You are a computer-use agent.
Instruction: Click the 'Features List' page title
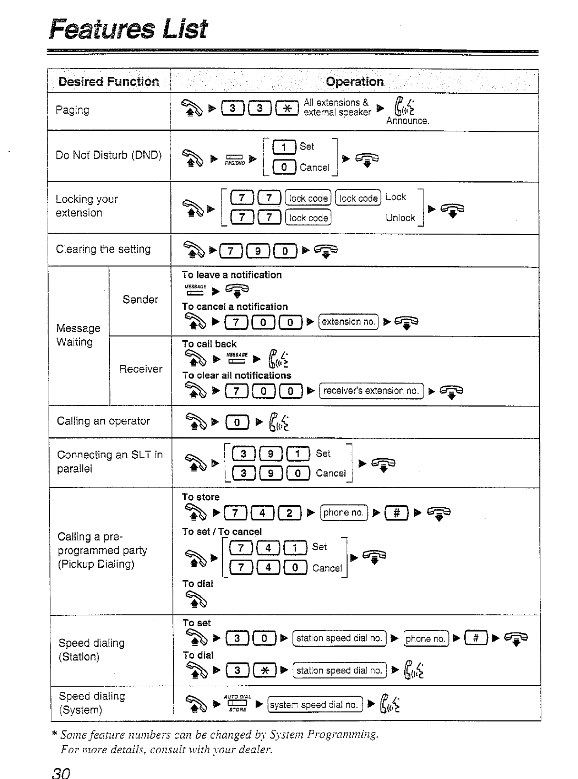pyautogui.click(x=129, y=29)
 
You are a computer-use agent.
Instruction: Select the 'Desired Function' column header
pyautogui.click(x=109, y=81)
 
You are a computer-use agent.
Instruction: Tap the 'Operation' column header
pyautogui.click(x=355, y=81)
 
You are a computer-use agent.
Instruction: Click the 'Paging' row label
pyautogui.click(x=72, y=110)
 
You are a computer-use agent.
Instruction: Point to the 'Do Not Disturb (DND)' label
pyautogui.click(x=109, y=155)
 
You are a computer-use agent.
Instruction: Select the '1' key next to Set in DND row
pyautogui.click(x=284, y=147)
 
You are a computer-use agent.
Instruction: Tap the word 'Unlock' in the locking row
pyautogui.click(x=400, y=217)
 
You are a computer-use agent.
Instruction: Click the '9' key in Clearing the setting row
pyautogui.click(x=258, y=250)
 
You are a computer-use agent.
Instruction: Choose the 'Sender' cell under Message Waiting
pyautogui.click(x=140, y=299)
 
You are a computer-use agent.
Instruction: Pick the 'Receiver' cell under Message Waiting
pyautogui.click(x=140, y=369)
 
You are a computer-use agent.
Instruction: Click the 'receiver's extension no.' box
pyautogui.click(x=371, y=391)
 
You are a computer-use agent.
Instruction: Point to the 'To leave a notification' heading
pyautogui.click(x=231, y=275)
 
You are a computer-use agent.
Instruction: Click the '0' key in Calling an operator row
pyautogui.click(x=237, y=422)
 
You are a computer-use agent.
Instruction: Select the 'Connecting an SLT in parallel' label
pyautogui.click(x=110, y=462)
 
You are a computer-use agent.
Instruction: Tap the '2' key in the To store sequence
pyautogui.click(x=289, y=513)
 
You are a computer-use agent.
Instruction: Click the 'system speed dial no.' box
pyautogui.click(x=314, y=704)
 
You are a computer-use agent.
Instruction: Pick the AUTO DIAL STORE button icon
pyautogui.click(x=237, y=703)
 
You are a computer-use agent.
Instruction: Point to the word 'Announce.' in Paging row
pyautogui.click(x=408, y=121)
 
